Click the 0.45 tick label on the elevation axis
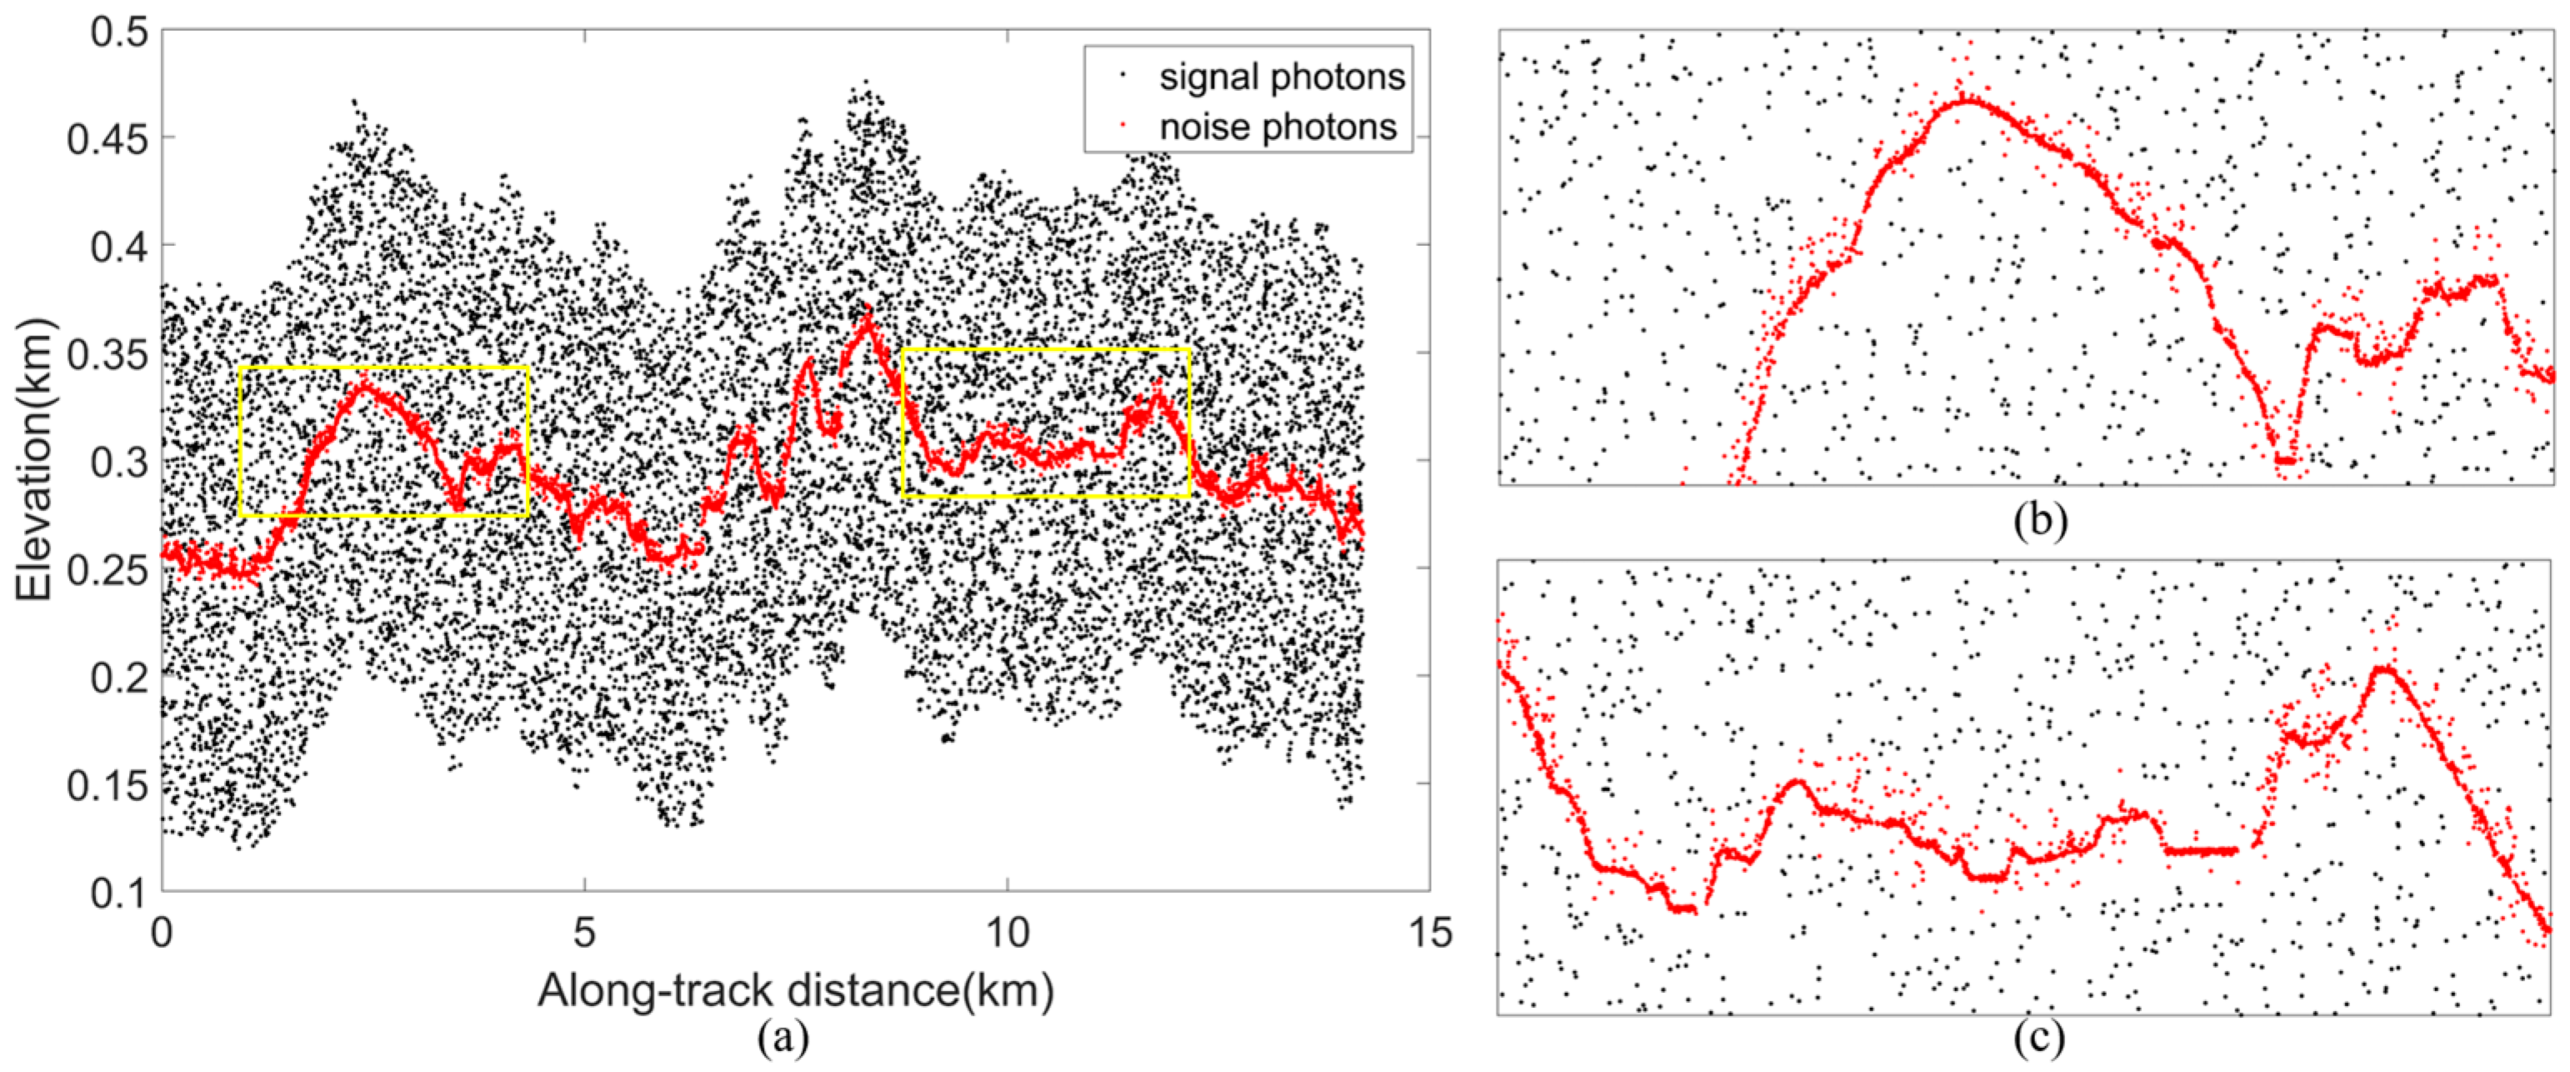[x=107, y=138]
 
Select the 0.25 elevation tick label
[x=107, y=570]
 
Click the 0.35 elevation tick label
[x=107, y=354]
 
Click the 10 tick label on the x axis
[x=1007, y=932]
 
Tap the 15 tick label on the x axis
[x=1428, y=932]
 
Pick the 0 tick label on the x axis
[x=162, y=932]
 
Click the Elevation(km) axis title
[x=34, y=459]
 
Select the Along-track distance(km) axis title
[x=795, y=991]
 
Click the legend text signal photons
[x=1281, y=77]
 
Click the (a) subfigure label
[x=783, y=1038]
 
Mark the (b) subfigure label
[x=2039, y=520]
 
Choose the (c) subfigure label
[x=2039, y=1039]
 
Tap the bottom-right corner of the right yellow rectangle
[x=1189, y=496]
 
